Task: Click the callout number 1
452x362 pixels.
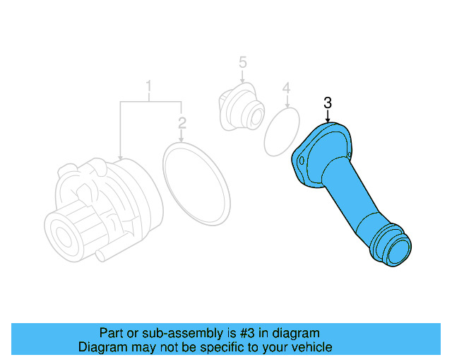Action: pos(149,87)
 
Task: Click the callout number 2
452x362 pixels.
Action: pos(182,123)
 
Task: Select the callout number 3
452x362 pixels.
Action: pos(328,103)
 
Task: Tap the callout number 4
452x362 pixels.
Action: pos(286,88)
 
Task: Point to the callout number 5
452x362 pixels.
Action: pos(242,63)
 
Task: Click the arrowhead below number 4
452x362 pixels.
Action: pos(286,107)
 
